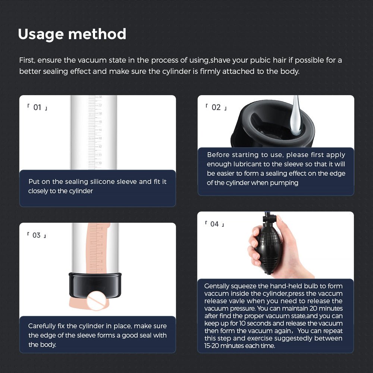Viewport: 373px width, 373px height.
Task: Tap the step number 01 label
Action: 37,108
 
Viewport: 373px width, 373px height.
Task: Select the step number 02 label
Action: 216,108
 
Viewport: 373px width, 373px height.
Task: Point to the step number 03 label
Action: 36,235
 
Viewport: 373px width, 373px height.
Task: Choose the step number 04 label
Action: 214,224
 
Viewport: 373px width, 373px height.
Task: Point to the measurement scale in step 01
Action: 95,131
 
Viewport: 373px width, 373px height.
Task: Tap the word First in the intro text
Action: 27,60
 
